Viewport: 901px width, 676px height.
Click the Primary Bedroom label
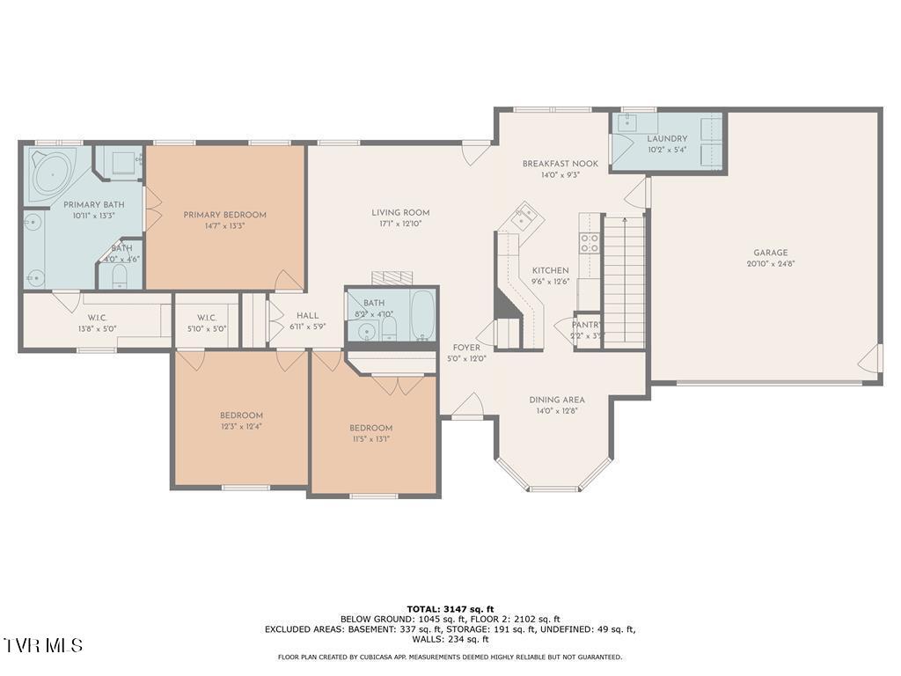coord(224,215)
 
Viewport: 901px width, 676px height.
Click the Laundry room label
coord(667,139)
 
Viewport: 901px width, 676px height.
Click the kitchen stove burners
coord(589,243)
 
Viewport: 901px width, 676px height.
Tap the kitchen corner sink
coord(525,214)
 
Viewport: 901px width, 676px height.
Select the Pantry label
coord(586,325)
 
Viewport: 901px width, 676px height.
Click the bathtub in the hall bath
coord(423,315)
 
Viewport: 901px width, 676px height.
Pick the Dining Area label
coord(557,400)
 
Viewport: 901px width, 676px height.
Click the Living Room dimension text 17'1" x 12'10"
coord(399,224)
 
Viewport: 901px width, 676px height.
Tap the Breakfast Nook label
coord(560,164)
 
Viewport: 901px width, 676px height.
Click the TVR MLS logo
coord(43,645)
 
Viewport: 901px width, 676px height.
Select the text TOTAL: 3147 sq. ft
coord(450,609)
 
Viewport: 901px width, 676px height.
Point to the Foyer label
coord(466,348)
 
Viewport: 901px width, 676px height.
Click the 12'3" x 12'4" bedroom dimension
coord(241,427)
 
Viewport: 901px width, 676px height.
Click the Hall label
coord(307,316)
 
